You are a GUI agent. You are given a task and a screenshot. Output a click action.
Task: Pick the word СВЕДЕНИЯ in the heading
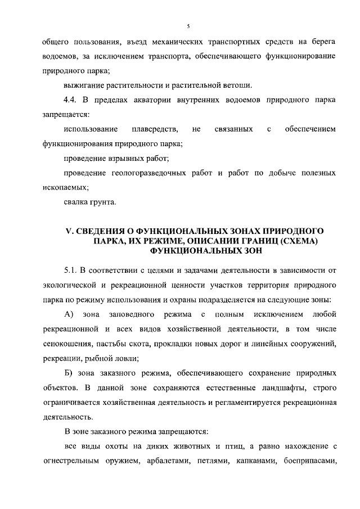coord(101,231)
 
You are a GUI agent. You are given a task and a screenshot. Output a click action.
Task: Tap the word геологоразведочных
coord(152,173)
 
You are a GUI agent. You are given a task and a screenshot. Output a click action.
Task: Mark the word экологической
coord(70,280)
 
